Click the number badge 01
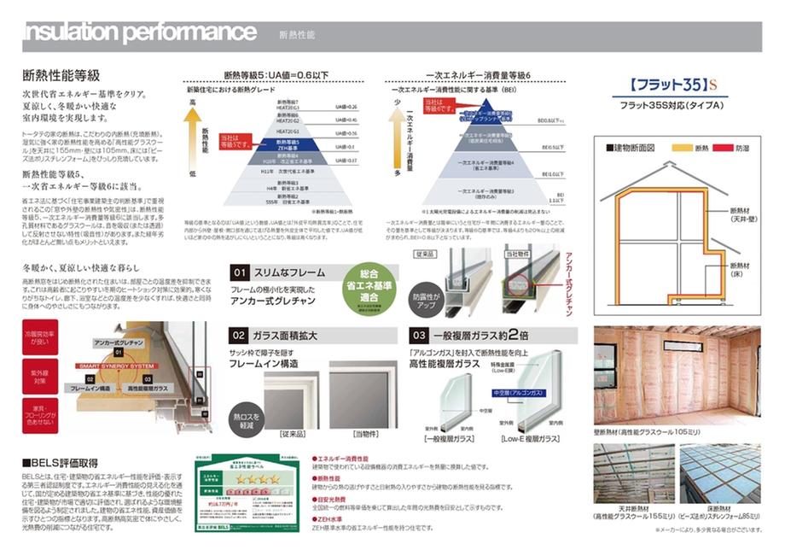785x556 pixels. coord(240,272)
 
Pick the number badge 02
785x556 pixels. coord(240,336)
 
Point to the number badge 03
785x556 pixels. coord(419,336)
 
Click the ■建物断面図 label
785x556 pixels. coord(631,147)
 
